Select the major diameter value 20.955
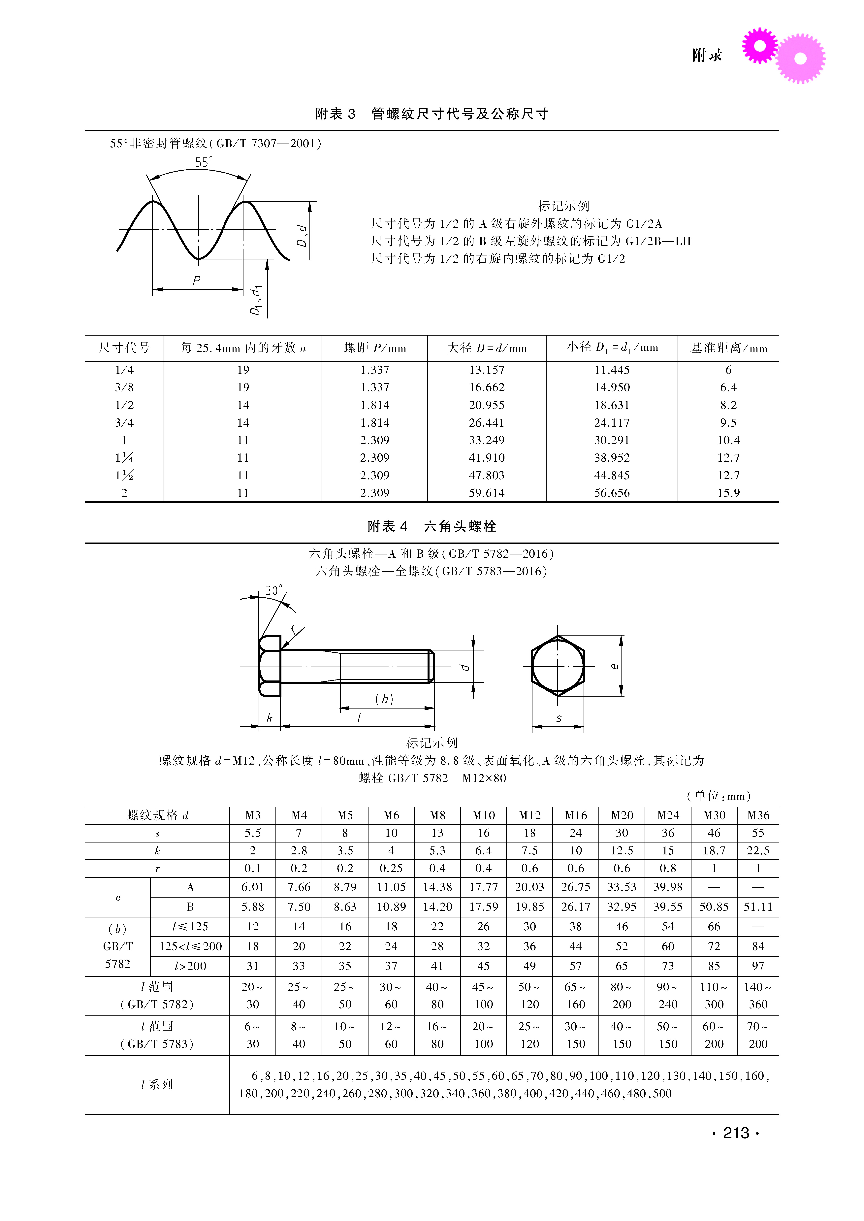[486, 405]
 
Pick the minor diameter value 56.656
[612, 493]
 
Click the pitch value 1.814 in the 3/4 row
[374, 422]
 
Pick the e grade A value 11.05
[391, 887]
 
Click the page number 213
[736, 1133]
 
